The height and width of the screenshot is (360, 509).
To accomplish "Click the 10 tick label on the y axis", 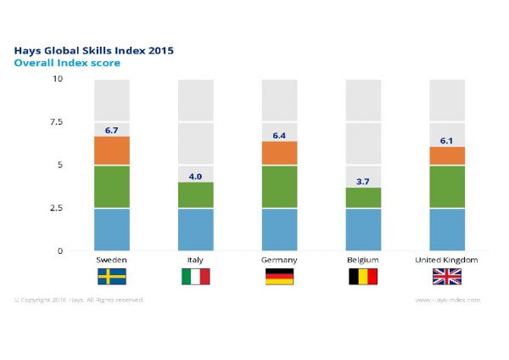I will (x=58, y=79).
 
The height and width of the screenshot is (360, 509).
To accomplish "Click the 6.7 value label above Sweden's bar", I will (x=111, y=130).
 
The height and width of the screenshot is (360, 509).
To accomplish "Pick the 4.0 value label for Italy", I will (x=196, y=176).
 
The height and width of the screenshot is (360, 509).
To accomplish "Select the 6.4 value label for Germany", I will (x=280, y=135).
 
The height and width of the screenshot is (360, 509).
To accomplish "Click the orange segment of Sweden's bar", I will (x=111, y=150).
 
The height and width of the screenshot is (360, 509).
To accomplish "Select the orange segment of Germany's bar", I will (x=280, y=153).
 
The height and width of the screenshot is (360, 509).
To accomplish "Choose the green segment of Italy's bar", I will (x=196, y=194).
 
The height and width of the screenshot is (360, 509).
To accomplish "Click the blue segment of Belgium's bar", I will (x=364, y=229).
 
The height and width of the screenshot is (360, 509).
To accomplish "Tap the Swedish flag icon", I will (x=111, y=277).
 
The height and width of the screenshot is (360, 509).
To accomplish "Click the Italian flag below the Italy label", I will (x=196, y=277).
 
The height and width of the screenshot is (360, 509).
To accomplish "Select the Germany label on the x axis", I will (x=280, y=259).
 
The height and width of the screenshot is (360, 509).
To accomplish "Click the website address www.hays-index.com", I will (x=448, y=300).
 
